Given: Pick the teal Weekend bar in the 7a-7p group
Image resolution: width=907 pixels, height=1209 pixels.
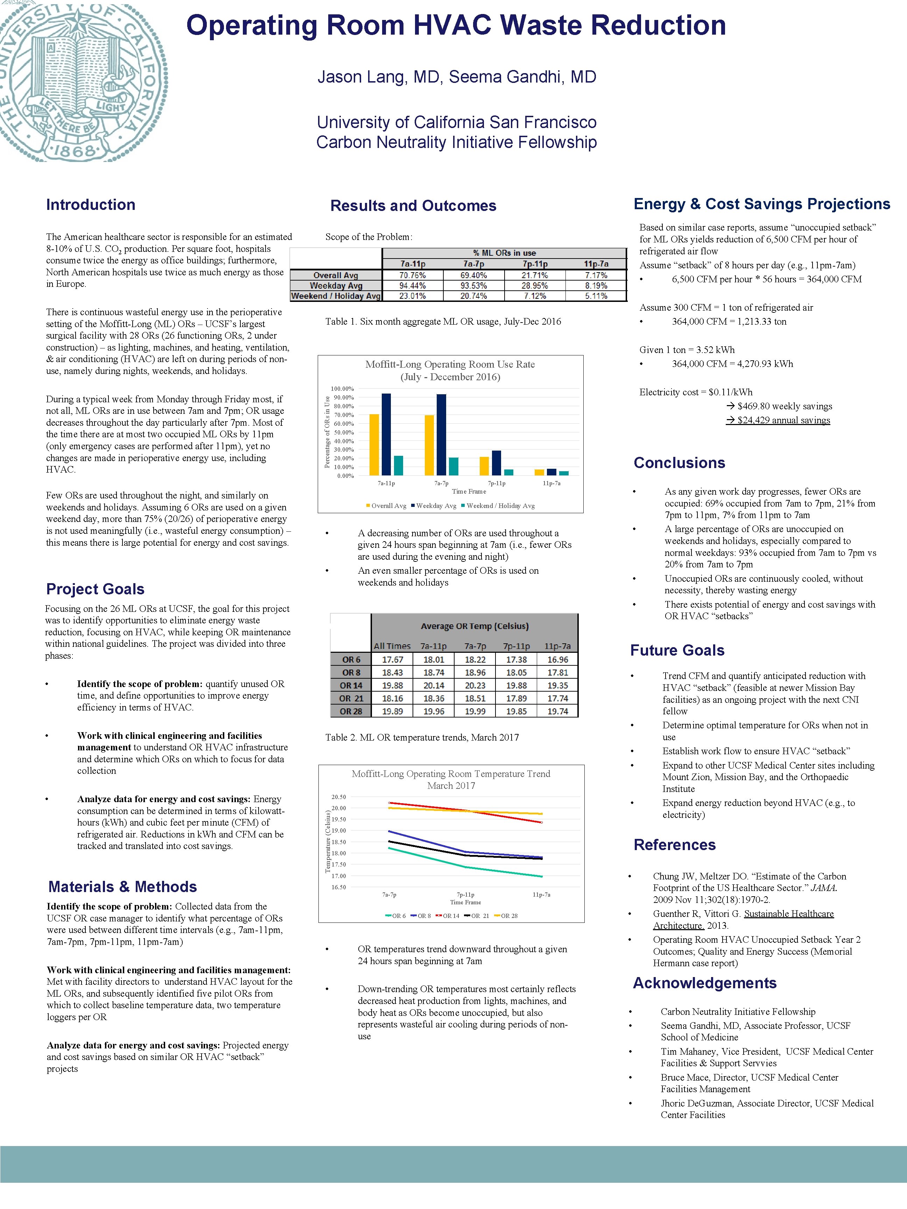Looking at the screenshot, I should [x=453, y=466].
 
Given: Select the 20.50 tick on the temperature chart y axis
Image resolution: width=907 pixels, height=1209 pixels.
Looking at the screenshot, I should [x=338, y=797].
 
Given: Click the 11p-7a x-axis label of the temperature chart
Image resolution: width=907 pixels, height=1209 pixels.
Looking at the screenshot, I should [x=541, y=895].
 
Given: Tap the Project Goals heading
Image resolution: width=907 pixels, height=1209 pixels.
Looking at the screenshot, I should [x=95, y=589].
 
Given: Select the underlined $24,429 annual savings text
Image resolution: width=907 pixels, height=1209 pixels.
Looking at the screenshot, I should [x=778, y=420].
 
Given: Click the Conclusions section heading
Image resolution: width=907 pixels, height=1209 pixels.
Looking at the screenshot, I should [x=679, y=463].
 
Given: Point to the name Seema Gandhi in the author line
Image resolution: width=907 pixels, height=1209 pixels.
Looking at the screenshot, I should [x=505, y=77].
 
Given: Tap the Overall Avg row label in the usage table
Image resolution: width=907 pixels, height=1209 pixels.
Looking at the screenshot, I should [x=336, y=275].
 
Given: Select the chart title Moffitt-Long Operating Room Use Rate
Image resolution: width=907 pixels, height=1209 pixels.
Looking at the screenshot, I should [x=450, y=365].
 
